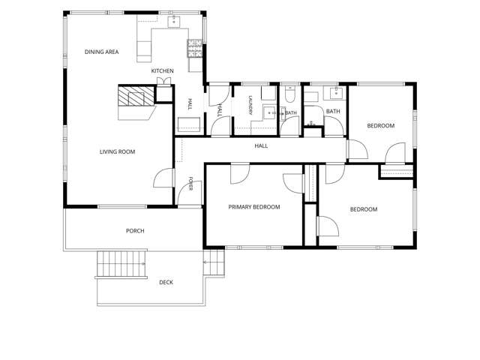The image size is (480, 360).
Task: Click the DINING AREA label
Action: pyautogui.click(x=102, y=52)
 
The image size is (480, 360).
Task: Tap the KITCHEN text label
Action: pyautogui.click(x=162, y=71)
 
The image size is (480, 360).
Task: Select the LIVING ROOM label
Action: pyautogui.click(x=117, y=151)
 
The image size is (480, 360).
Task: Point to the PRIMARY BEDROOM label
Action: pyautogui.click(x=254, y=207)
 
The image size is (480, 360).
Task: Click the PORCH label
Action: pyautogui.click(x=135, y=231)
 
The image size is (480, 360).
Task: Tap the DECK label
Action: pyautogui.click(x=166, y=282)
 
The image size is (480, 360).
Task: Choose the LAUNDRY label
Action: pyautogui.click(x=250, y=106)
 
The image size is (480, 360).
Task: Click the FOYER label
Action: pyautogui.click(x=190, y=184)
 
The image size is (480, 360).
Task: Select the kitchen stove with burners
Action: pyautogui.click(x=195, y=49)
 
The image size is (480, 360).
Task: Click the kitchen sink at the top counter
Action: pyautogui.click(x=174, y=22)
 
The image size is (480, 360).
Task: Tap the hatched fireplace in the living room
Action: pyautogui.click(x=136, y=97)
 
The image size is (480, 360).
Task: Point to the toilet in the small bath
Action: pyautogui.click(x=289, y=94)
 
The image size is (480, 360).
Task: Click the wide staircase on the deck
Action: pyautogui.click(x=121, y=265)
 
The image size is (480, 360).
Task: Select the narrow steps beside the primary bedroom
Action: pyautogui.click(x=214, y=262)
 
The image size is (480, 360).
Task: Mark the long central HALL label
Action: pyautogui.click(x=261, y=146)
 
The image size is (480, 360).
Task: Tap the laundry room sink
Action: pyautogui.click(x=270, y=113)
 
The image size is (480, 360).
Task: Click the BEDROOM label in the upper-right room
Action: pyautogui.click(x=381, y=126)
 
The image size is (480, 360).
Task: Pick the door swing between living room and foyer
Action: pyautogui.click(x=163, y=178)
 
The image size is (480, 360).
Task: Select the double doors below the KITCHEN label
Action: pyautogui.click(x=163, y=82)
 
